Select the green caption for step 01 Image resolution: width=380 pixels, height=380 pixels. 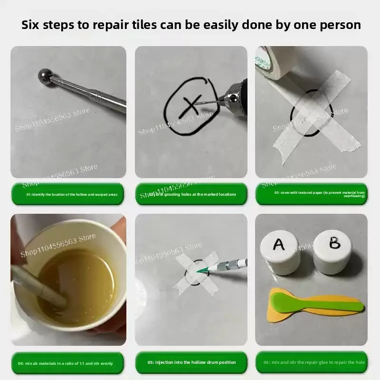click(68, 194)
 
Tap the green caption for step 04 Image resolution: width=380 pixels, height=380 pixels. click(68, 363)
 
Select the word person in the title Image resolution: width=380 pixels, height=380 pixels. click(338, 25)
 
